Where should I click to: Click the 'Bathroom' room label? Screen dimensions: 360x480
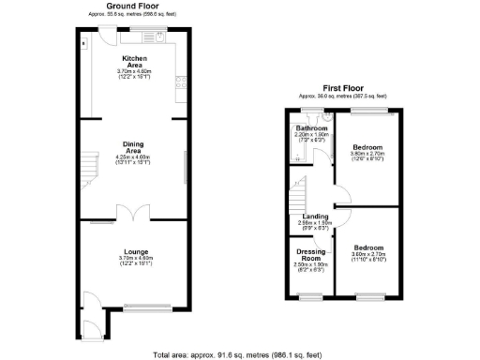[x=309, y=128]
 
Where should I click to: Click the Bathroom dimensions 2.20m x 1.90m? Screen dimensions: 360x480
[x=309, y=137]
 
